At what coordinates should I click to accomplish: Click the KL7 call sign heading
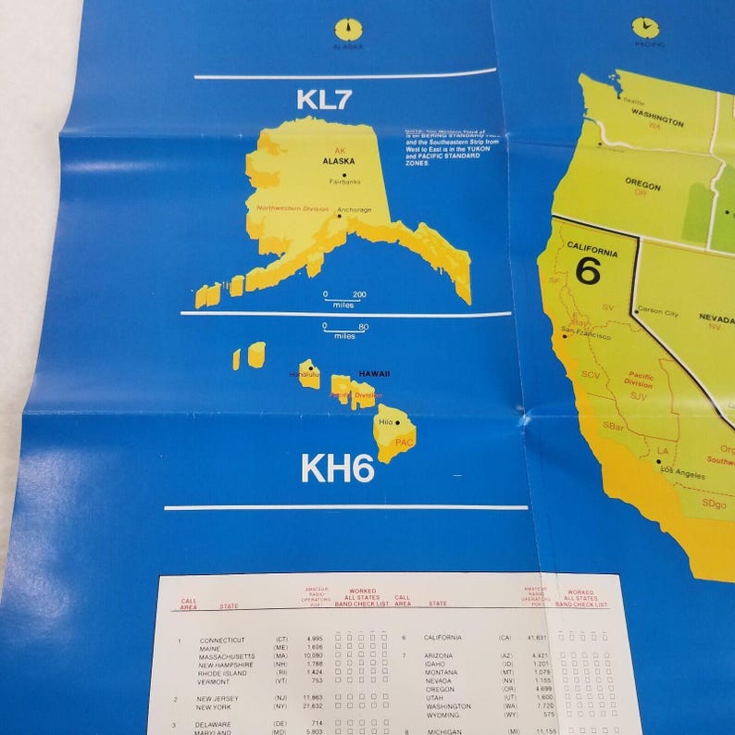[x=324, y=100]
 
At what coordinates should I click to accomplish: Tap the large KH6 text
[x=336, y=469]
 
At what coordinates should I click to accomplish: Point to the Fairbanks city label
[x=343, y=181]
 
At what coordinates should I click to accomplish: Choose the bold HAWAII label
[x=374, y=373]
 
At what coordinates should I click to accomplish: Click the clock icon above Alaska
[x=348, y=29]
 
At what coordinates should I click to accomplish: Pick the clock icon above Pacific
[x=645, y=28]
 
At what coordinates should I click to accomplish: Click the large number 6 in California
[x=587, y=269]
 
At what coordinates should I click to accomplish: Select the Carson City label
[x=658, y=313]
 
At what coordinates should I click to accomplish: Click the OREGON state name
[x=642, y=186]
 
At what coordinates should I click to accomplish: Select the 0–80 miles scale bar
[x=344, y=330]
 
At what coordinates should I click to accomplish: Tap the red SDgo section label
[x=714, y=504]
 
